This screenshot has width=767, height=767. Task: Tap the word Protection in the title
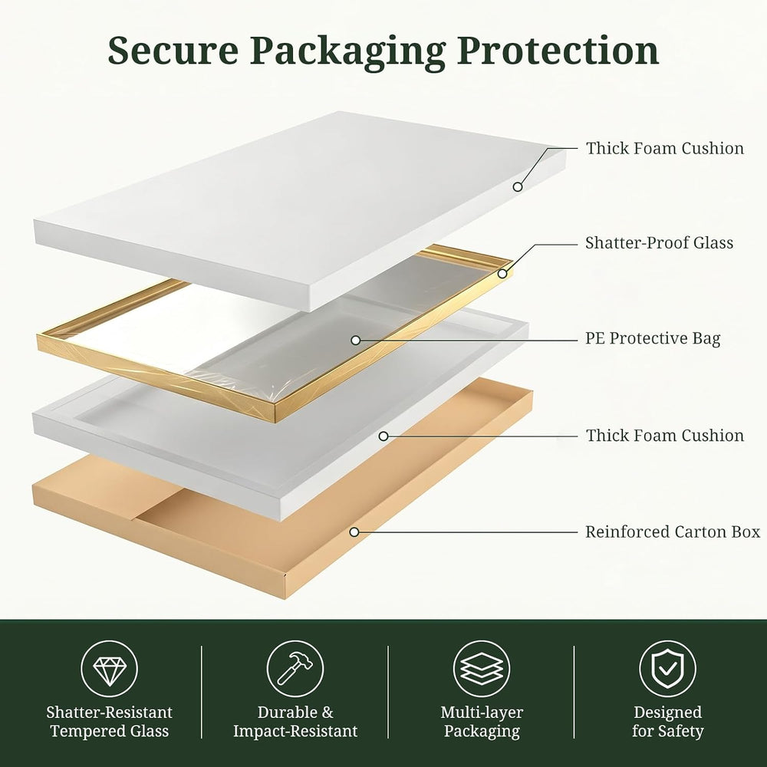558,50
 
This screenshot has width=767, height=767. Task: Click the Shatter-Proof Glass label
659,242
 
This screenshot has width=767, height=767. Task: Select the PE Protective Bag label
653,338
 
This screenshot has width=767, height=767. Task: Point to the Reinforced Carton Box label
673,532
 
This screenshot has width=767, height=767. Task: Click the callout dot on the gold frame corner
502,274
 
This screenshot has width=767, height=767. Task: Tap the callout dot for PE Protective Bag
356,340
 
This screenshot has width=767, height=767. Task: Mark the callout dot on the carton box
354,532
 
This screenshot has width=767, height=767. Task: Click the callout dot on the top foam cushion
518,186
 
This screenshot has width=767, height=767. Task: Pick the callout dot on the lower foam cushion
383,436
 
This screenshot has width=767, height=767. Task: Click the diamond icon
110,669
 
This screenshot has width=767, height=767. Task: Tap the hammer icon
295,669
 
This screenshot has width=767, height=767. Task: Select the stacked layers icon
482,669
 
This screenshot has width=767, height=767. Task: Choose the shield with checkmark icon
668,669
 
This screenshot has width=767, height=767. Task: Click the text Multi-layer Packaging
482,722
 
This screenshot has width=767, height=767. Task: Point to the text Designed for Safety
668,722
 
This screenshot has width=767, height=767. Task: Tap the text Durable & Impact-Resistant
295,722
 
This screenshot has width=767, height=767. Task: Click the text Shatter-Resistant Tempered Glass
110,722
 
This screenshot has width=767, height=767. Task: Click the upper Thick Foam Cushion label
665,148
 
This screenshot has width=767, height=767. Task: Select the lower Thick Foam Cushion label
665,436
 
